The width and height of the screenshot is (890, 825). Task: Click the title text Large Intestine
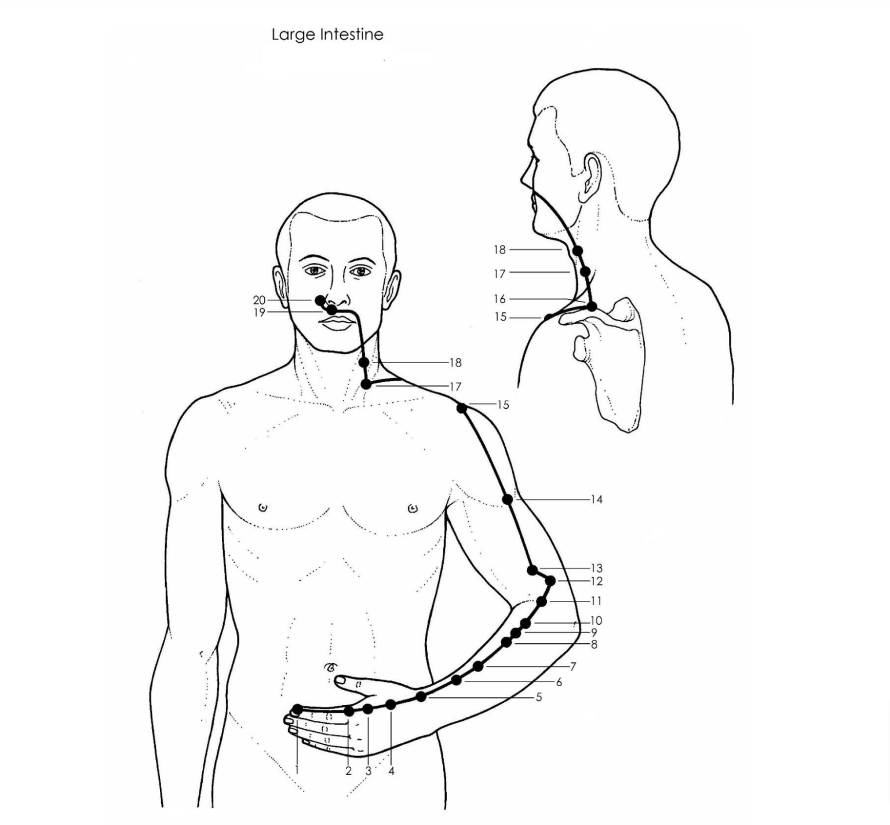click(x=327, y=35)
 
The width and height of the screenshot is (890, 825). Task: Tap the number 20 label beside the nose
click(x=259, y=300)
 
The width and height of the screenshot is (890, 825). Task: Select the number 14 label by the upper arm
click(x=596, y=499)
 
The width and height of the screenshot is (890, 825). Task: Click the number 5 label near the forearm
click(x=538, y=697)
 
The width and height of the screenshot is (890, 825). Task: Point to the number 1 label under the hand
click(x=297, y=770)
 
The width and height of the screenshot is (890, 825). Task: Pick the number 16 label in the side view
click(x=499, y=299)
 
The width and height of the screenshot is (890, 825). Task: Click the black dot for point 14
click(x=508, y=499)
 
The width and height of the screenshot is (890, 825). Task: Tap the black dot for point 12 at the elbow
click(x=550, y=580)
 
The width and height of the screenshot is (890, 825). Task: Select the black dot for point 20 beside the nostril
click(x=320, y=300)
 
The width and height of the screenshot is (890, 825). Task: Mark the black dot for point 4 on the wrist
click(x=391, y=705)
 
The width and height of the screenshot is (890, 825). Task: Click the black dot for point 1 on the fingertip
click(x=298, y=709)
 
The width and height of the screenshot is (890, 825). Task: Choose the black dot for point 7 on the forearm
click(x=478, y=666)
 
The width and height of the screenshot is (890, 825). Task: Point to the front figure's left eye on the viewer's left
click(x=316, y=270)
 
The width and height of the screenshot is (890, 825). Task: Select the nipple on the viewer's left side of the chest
click(x=263, y=508)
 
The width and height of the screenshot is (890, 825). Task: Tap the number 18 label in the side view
click(x=499, y=250)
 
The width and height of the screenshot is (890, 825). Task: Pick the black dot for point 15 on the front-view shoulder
click(x=462, y=408)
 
